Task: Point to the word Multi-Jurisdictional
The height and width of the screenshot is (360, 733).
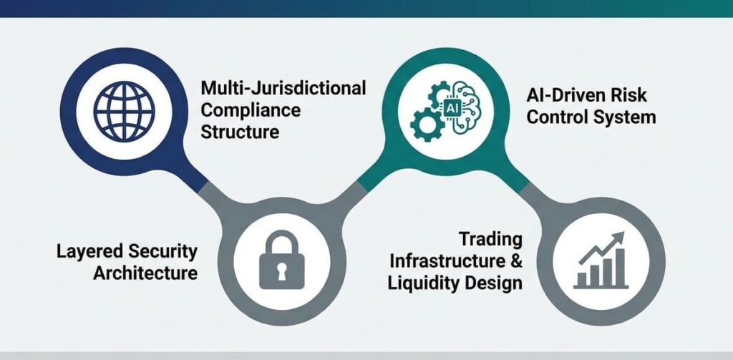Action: click(x=283, y=89)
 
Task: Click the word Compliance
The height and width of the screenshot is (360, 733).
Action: click(x=251, y=111)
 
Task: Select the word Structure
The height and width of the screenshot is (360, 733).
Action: click(x=239, y=132)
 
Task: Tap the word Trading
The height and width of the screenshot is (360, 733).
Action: click(x=490, y=238)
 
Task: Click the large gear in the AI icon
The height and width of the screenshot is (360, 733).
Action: click(x=427, y=125)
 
